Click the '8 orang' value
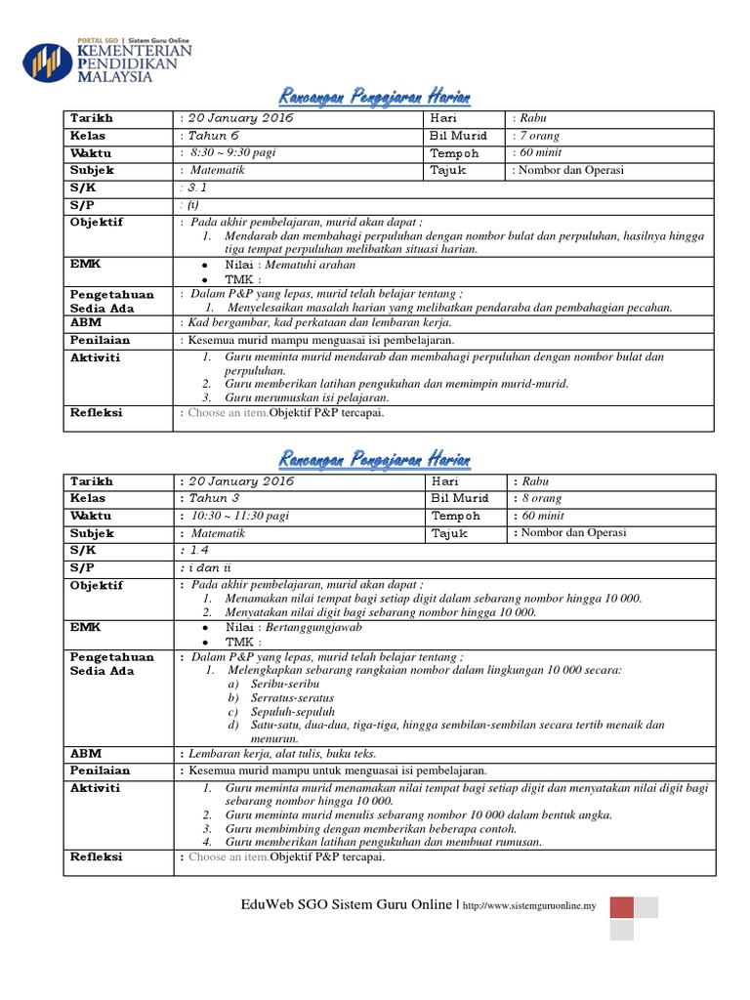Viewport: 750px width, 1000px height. coord(540,498)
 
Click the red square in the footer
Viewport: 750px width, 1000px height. coord(622,907)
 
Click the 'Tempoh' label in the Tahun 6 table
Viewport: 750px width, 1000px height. coord(455,153)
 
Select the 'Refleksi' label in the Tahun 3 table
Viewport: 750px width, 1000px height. coord(96,857)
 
